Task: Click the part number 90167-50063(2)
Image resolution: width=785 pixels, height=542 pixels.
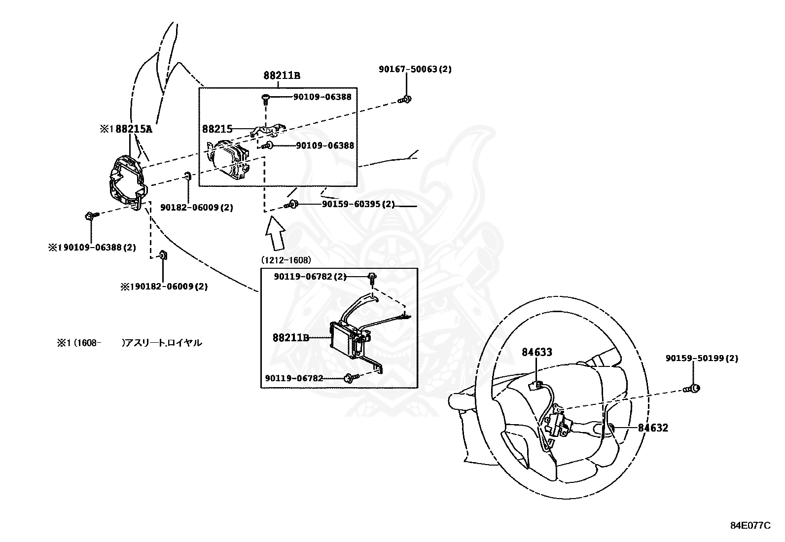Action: click(x=415, y=70)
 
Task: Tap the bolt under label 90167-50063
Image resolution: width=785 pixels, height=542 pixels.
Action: click(x=405, y=100)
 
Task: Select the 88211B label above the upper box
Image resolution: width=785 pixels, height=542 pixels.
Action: click(x=282, y=75)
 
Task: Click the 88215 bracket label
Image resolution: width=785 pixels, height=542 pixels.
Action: click(x=217, y=129)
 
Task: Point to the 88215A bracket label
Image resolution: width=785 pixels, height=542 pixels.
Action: click(x=126, y=129)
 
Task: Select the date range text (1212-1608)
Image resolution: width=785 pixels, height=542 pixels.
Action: click(x=286, y=260)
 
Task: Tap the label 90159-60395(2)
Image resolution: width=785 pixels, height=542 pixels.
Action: click(x=358, y=204)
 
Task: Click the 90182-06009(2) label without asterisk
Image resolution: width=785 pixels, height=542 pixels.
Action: click(x=196, y=208)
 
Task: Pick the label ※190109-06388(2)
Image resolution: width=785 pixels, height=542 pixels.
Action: click(x=92, y=247)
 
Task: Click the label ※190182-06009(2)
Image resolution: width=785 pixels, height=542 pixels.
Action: click(x=164, y=286)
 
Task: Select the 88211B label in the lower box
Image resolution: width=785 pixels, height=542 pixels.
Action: click(x=291, y=338)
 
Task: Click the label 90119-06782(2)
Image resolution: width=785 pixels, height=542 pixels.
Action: click(x=310, y=277)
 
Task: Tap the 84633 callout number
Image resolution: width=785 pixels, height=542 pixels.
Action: click(x=537, y=352)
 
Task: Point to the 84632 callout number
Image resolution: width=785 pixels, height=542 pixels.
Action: click(x=653, y=428)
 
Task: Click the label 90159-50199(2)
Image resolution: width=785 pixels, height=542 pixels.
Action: click(x=702, y=359)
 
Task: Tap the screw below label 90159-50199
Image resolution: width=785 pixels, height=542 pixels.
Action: click(x=692, y=389)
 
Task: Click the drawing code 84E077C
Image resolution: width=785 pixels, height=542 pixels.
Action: click(x=750, y=526)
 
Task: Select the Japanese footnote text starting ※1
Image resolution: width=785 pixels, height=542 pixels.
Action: click(x=129, y=343)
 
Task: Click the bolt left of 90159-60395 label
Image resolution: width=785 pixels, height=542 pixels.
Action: click(x=290, y=205)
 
